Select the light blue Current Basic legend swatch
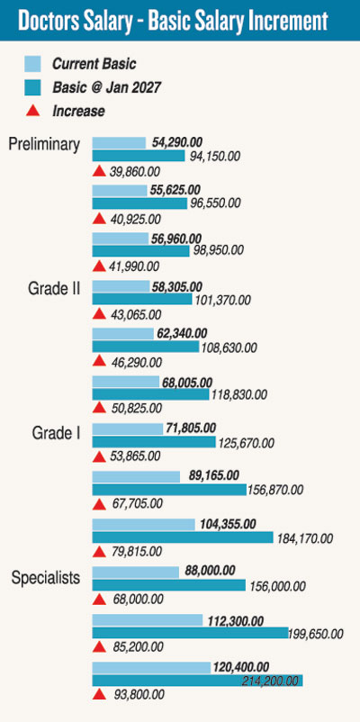[x=32, y=64]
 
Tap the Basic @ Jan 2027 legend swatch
[x=32, y=87]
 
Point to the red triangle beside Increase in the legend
[x=32, y=111]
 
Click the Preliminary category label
[x=44, y=145]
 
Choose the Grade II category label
[x=54, y=288]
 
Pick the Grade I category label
[x=57, y=433]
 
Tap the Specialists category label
[x=46, y=577]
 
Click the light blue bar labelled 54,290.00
[x=119, y=142]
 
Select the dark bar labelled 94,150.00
[x=139, y=155]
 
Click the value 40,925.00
[x=135, y=220]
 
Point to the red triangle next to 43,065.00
[x=99, y=314]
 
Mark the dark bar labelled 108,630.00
[x=146, y=347]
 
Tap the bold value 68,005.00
[x=187, y=383]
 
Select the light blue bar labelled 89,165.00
[x=136, y=476]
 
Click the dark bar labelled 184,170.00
[x=183, y=537]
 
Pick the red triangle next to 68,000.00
[x=99, y=600]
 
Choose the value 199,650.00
[x=316, y=634]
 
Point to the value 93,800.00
[x=139, y=694]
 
